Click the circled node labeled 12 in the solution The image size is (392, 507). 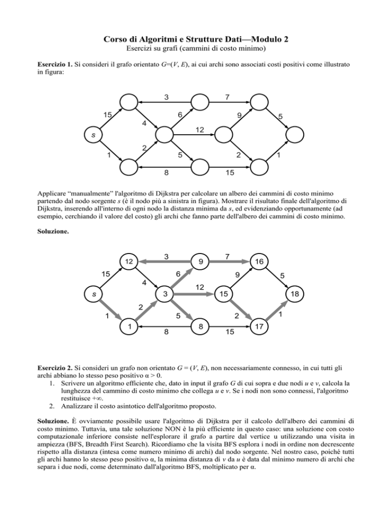pos(129,262)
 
